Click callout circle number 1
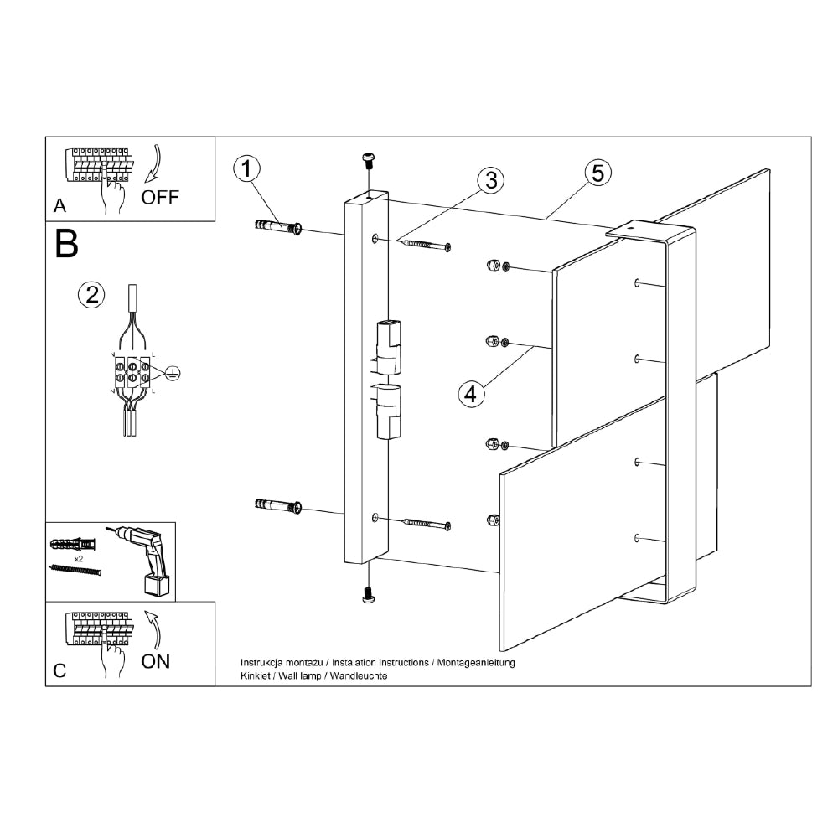tap(246, 169)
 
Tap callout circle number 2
tap(91, 293)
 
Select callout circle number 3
tap(490, 179)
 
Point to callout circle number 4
tap(472, 393)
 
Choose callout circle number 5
tap(597, 173)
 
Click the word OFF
tap(159, 198)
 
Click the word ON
tap(155, 661)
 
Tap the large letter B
tap(66, 243)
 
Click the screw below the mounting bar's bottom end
tap(367, 595)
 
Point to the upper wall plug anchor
tap(277, 227)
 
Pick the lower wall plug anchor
tap(277, 505)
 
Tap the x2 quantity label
tap(80, 557)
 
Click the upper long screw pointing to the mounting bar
tap(427, 245)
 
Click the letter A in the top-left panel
tap(59, 205)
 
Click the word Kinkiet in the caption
tap(254, 675)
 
